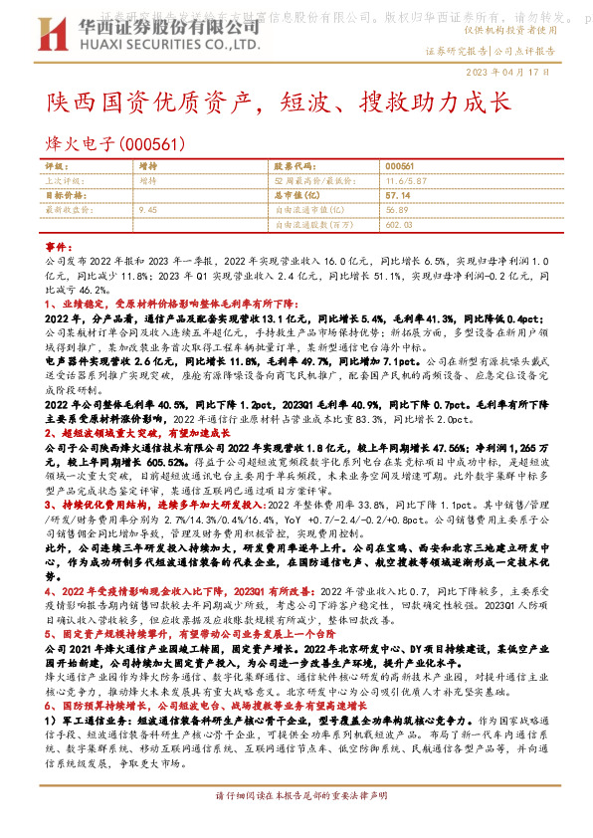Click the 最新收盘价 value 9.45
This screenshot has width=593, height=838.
tap(148, 211)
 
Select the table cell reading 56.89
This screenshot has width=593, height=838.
tap(398, 211)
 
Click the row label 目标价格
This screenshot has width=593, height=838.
tap(65, 196)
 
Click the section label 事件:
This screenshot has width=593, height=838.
tap(60, 244)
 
